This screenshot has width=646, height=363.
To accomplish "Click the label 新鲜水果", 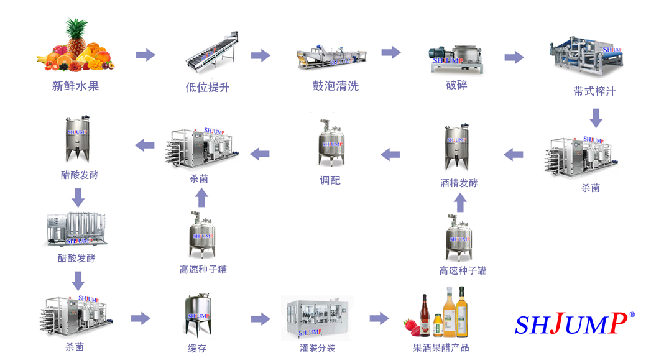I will (x=75, y=86).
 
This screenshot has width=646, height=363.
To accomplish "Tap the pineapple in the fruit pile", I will (x=77, y=37).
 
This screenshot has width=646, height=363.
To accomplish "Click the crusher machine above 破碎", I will (x=456, y=60).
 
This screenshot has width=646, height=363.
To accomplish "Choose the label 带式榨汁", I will (x=594, y=91).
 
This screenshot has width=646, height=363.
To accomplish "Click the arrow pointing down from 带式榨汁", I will (x=596, y=117).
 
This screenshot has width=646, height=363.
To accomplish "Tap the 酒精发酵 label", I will (x=459, y=183).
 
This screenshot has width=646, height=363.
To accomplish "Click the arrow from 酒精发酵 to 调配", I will (x=390, y=154).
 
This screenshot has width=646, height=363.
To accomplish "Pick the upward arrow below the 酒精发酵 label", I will (x=459, y=202).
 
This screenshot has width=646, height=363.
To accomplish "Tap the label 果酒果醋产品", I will (x=441, y=347).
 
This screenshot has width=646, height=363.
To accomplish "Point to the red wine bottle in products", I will (x=427, y=315).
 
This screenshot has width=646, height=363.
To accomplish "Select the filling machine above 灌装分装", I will (x=317, y=317).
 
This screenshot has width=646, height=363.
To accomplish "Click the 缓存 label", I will (x=197, y=348).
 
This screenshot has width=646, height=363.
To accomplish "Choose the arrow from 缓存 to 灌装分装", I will (x=261, y=319).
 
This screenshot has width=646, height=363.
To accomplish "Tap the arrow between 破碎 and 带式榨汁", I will (x=514, y=57).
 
